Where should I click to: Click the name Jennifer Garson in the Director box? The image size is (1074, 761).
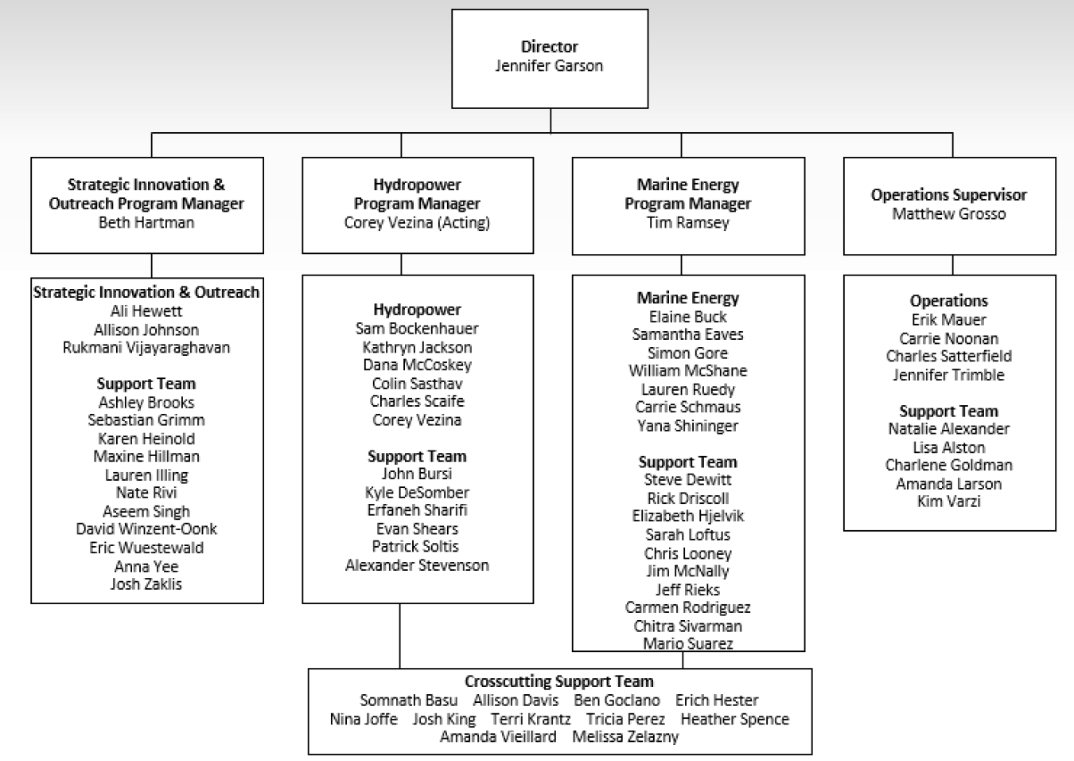pos(549,66)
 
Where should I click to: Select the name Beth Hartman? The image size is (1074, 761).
pos(146,223)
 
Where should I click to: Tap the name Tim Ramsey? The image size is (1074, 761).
pos(687,223)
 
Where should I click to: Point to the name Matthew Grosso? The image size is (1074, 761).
pos(948,214)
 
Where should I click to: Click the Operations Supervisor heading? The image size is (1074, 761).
pos(948,195)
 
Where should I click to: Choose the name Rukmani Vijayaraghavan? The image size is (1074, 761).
pos(146,348)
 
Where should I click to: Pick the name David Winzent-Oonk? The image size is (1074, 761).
pos(146,529)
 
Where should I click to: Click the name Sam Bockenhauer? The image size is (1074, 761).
pos(417,329)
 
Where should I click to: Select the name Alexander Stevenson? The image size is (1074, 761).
pos(417,566)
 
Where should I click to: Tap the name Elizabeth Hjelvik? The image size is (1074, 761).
pos(687,517)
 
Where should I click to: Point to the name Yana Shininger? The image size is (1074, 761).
pos(687,426)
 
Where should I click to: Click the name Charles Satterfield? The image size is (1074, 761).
pos(948,357)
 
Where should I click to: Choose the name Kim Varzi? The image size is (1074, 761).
pos(948,501)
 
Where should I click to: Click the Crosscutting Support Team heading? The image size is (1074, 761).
pos(559,682)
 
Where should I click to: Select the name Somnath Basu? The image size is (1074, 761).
pos(409,701)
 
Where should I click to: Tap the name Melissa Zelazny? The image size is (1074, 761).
pos(625,737)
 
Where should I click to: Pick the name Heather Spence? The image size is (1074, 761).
pos(734,720)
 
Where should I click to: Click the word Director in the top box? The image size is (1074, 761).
pos(549,47)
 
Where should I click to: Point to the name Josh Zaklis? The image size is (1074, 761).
pos(146,584)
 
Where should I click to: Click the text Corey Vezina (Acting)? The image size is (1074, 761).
pos(417,223)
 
